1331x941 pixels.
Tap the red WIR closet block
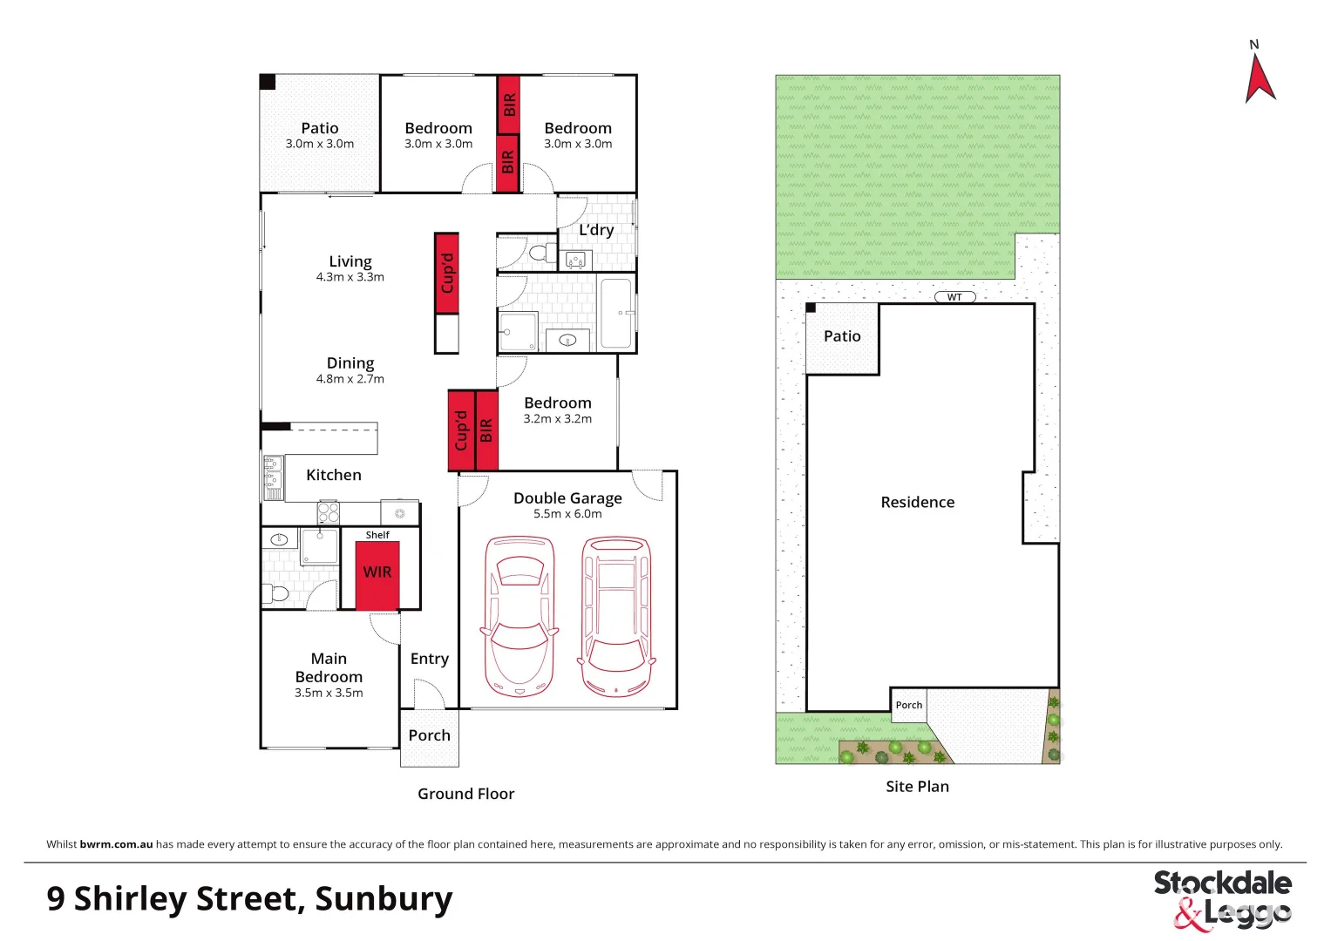pos(377,574)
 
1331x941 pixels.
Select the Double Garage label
pos(567,498)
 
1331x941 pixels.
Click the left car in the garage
pos(519,617)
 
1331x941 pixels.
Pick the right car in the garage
pos(616,617)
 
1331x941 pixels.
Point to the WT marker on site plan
pos(954,297)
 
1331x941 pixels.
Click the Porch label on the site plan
pos(908,705)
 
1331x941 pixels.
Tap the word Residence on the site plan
pos(917,503)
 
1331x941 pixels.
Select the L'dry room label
pos(596,230)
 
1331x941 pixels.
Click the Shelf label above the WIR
pos(377,535)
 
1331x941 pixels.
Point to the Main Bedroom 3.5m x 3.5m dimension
pos(329,694)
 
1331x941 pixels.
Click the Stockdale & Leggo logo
pos(1222,899)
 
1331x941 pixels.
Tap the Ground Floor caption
pos(465,794)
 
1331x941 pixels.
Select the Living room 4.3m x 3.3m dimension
pos(350,277)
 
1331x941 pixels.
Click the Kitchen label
pos(333,475)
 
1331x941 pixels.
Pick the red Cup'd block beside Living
pos(447,273)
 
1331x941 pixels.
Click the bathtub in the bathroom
pos(616,313)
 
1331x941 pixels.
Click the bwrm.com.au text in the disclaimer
pos(116,844)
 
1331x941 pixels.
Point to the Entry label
pos(429,659)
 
